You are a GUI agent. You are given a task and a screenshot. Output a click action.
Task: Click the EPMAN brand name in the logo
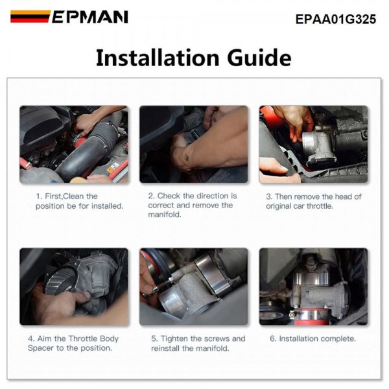click(90, 17)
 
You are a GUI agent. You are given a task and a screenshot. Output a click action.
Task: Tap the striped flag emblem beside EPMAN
click(30, 17)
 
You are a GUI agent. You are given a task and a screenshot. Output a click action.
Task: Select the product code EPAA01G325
click(336, 19)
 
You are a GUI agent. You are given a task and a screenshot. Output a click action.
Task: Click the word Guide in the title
click(259, 58)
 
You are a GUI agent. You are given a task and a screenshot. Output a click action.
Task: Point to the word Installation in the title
click(158, 58)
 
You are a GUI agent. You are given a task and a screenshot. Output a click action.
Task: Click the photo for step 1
click(74, 145)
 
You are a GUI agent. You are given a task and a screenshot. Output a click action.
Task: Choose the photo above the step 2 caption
click(193, 145)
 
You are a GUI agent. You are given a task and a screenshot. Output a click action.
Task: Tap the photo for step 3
click(313, 145)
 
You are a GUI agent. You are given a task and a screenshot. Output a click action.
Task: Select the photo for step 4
click(74, 287)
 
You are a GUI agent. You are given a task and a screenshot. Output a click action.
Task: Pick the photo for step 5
click(193, 287)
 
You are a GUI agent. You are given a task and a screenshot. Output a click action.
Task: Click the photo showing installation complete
click(313, 287)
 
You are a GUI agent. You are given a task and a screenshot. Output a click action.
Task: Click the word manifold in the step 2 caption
click(165, 215)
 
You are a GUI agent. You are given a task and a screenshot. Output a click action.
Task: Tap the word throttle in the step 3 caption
click(320, 206)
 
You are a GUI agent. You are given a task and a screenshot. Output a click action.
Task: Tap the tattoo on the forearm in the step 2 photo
click(187, 158)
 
